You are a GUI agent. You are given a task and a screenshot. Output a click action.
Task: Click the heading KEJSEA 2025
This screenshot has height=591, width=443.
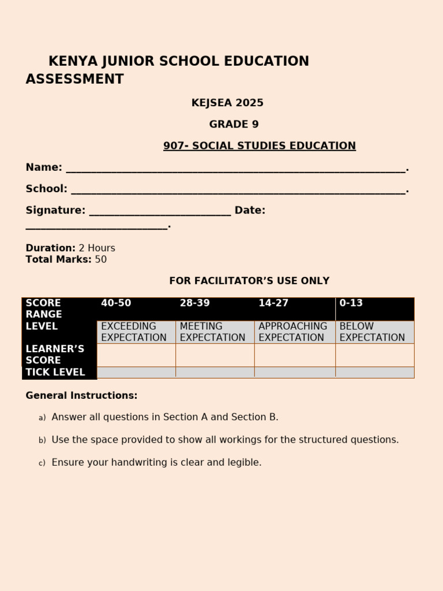coord(227,103)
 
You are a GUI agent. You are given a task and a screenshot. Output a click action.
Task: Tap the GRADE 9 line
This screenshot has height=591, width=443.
coord(234,125)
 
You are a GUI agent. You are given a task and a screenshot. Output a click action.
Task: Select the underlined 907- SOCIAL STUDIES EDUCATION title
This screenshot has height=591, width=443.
coord(259,146)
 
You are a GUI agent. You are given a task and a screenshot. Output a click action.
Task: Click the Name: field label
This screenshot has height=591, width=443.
coord(44,167)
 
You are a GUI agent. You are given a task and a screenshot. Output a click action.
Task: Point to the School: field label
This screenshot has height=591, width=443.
coord(46,189)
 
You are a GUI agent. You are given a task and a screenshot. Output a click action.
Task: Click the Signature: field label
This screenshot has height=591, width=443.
coord(55,211)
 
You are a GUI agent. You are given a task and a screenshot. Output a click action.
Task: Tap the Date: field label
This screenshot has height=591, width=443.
coord(250,211)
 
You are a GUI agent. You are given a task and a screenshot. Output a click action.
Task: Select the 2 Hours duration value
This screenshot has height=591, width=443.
coord(97,248)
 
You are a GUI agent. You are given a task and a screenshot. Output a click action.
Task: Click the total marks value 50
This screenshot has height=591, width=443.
coord(101,260)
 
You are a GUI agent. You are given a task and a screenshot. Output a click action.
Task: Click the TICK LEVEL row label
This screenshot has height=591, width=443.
coord(55,372)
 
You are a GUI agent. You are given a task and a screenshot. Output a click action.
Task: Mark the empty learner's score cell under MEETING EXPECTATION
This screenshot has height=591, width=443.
coord(215,355)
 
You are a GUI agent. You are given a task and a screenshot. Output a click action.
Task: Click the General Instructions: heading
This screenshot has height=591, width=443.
coord(81,396)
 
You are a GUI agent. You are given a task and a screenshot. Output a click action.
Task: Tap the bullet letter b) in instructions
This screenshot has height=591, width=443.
coord(42,440)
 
